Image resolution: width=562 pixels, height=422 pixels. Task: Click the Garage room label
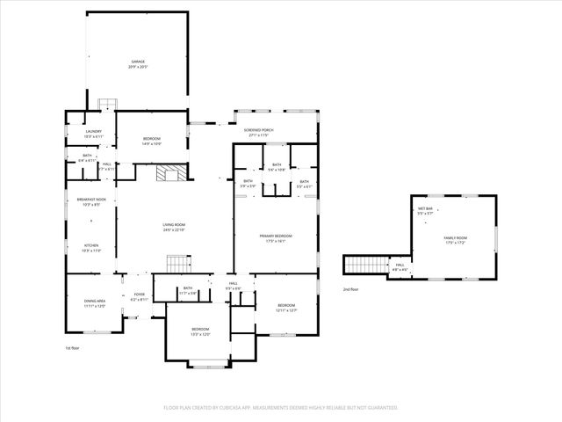pos(137,64)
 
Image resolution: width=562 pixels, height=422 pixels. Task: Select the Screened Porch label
pos(259,132)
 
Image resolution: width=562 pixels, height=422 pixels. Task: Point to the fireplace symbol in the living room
pos(168,173)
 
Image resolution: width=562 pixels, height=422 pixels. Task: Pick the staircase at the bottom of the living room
pos(178,264)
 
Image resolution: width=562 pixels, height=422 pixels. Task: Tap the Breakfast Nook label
pos(90,202)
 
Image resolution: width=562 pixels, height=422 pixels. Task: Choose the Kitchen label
pos(91,248)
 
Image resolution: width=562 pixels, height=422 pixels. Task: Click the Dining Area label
pos(95,303)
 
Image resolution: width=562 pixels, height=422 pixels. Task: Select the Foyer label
pos(140,297)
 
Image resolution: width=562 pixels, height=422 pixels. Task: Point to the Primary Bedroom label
pos(275,238)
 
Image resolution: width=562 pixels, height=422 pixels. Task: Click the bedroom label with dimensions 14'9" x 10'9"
pos(152,142)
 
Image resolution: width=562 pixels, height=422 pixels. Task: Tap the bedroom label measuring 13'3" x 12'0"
pos(200,331)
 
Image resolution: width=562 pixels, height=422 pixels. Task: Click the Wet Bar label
pos(425,211)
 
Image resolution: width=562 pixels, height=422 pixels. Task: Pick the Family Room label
pos(455,240)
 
